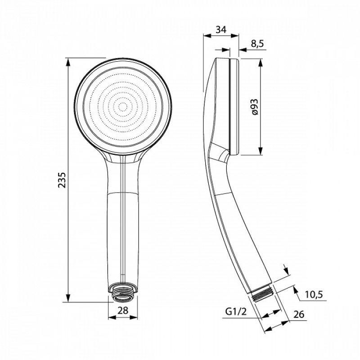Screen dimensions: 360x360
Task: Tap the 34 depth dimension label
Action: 221,31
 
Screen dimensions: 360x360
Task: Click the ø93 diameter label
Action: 255,107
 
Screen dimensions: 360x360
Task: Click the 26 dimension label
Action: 298,315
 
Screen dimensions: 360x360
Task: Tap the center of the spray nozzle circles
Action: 122,108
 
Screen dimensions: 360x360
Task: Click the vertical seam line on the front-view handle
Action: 122,216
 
